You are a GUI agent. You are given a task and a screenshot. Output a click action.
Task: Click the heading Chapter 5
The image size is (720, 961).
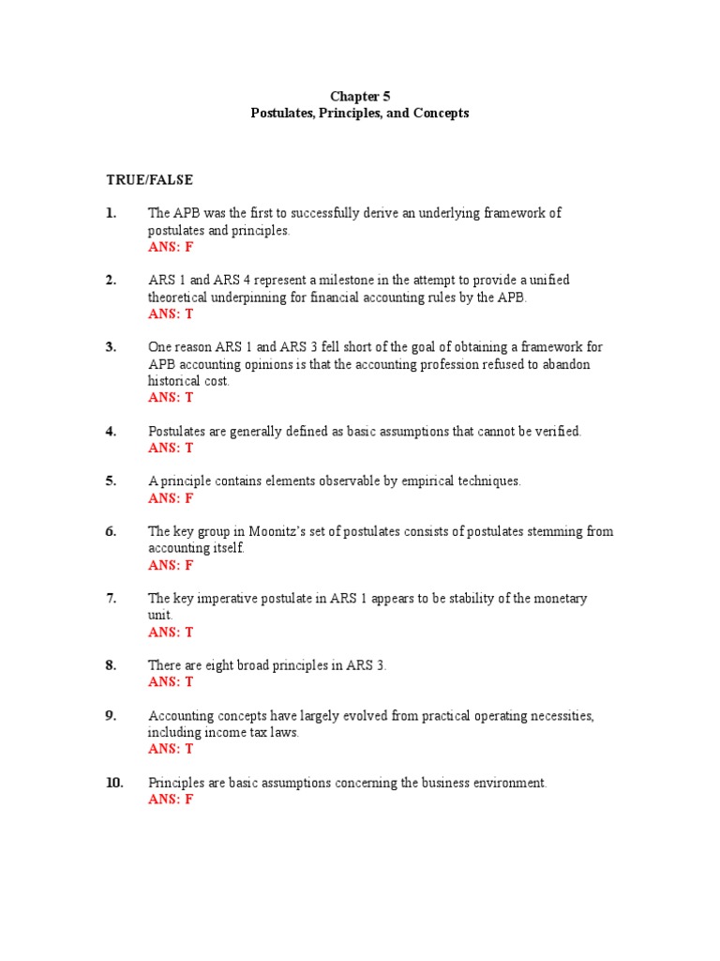click(x=360, y=96)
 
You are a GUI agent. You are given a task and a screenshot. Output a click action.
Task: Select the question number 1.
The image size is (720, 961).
click(x=111, y=213)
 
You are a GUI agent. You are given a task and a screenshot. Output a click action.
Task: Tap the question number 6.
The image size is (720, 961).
click(x=111, y=531)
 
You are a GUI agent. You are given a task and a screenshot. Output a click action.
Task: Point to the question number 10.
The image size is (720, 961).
click(x=114, y=783)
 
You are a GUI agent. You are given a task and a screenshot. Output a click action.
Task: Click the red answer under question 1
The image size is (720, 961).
click(x=171, y=247)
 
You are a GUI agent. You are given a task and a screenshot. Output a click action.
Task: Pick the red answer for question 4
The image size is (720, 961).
click(x=171, y=448)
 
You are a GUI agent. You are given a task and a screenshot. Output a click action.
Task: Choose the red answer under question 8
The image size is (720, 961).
click(x=171, y=682)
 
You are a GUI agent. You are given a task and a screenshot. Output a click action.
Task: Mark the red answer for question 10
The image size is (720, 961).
click(x=171, y=800)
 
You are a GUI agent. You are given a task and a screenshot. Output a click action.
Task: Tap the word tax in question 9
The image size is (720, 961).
click(x=243, y=733)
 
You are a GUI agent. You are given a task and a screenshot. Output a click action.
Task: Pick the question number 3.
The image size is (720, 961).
click(x=111, y=347)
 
